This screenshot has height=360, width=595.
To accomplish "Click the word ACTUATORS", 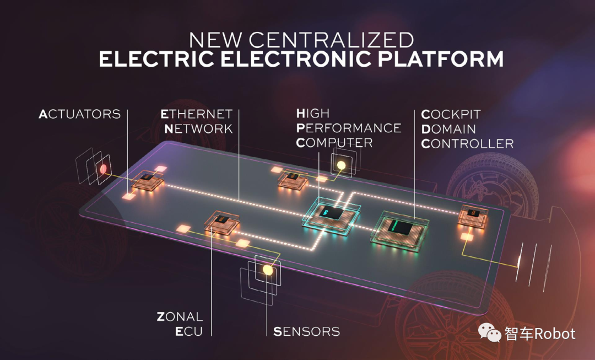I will (80, 114).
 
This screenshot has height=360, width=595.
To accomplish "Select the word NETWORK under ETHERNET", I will (198, 128).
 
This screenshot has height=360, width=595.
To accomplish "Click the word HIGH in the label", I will (313, 114).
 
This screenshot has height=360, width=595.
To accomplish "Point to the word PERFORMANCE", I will (348, 128).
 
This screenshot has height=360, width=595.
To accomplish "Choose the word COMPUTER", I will (334, 143).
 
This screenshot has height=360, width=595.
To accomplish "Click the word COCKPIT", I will (451, 115).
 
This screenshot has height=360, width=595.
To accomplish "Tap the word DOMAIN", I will (448, 129).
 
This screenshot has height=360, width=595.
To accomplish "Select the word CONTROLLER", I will (467, 143).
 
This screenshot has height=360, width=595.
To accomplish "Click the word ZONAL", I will (180, 317).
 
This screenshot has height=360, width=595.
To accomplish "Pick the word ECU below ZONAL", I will (189, 331).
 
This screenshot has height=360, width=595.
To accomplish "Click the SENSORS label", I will (306, 331).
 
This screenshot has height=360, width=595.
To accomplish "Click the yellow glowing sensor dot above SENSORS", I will (268, 270).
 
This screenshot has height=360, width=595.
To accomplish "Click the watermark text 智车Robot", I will (540, 333).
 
